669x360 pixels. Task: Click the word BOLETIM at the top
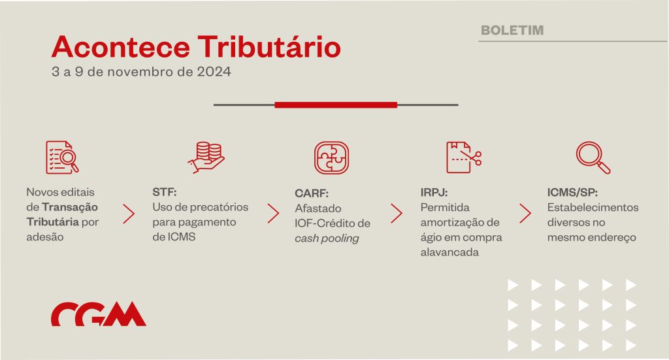512,30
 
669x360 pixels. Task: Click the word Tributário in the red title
269,46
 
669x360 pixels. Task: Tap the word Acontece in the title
121,47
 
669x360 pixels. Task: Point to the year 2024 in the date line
214,72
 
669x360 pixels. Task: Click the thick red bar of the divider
336,105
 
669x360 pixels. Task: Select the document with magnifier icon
62,157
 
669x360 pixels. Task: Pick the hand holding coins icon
206,157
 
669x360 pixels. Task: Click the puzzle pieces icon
331,158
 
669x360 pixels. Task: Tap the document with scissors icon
464,157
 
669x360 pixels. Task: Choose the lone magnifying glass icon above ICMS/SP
593,157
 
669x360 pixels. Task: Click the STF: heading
164,192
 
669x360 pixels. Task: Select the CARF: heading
312,193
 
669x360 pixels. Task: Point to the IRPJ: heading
434,192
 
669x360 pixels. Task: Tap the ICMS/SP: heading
572,192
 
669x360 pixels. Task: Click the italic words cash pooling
327,238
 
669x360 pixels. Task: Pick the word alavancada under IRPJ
449,252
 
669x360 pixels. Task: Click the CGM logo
99,314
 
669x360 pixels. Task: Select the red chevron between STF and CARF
273,213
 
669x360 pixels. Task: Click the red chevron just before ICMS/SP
525,213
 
